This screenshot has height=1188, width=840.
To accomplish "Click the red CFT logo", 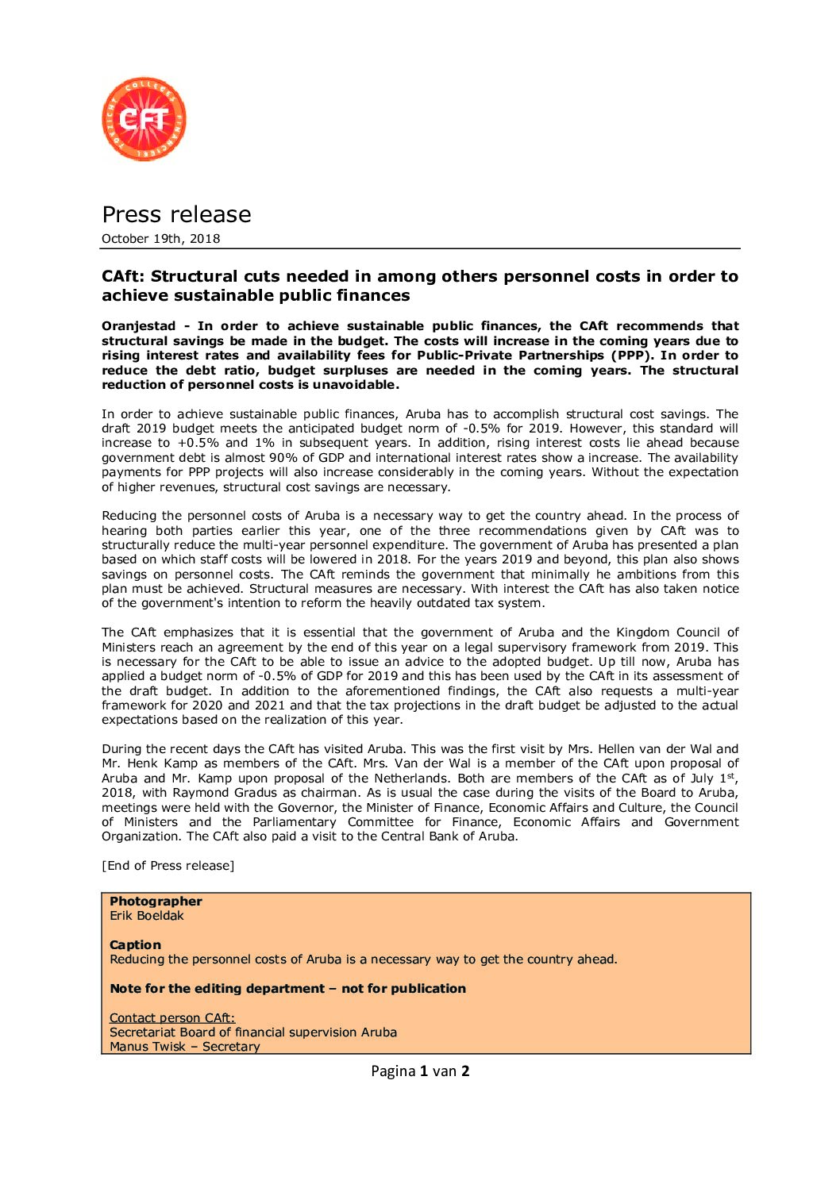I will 144,119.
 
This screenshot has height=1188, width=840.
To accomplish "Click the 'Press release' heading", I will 176,214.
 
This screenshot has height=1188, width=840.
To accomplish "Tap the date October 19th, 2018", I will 160,239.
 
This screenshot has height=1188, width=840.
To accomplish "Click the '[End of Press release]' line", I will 168,866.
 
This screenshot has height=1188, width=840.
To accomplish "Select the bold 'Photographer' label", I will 156,902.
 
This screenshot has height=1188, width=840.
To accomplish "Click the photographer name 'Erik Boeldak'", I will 146,916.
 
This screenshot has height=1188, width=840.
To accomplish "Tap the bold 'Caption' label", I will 135,945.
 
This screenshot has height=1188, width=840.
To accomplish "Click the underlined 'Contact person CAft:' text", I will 171,1018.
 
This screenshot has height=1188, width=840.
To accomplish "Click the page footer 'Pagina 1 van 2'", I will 420,1071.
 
